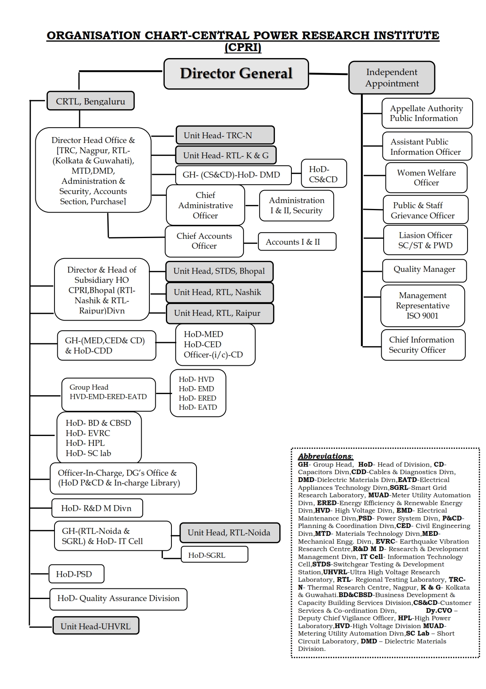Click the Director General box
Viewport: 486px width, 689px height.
tap(236, 74)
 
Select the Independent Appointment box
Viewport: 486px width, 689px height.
tap(392, 78)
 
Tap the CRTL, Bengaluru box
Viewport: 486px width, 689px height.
tap(90, 101)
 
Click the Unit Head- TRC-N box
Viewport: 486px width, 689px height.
tap(225, 136)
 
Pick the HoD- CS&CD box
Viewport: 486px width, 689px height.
tap(324, 174)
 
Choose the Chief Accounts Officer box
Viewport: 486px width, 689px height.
tap(204, 241)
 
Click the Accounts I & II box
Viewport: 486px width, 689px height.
tap(297, 242)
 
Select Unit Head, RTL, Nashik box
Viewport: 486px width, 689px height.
tap(219, 292)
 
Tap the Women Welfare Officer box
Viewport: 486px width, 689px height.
tap(426, 178)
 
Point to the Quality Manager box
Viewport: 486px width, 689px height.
tap(424, 270)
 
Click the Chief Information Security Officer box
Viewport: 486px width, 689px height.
tap(423, 344)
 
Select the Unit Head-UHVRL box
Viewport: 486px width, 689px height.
tap(96, 626)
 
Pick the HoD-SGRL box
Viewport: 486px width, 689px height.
tap(214, 555)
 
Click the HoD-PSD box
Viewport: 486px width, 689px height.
tap(76, 574)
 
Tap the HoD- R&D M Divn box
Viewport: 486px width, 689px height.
tap(97, 508)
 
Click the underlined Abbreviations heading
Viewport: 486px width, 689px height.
tap(325, 456)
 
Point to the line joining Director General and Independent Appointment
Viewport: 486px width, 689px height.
tap(329, 74)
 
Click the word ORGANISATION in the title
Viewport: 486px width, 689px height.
tap(93, 35)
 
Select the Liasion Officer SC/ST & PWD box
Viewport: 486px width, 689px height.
tap(425, 240)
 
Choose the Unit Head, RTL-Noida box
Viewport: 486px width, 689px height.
tap(229, 533)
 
